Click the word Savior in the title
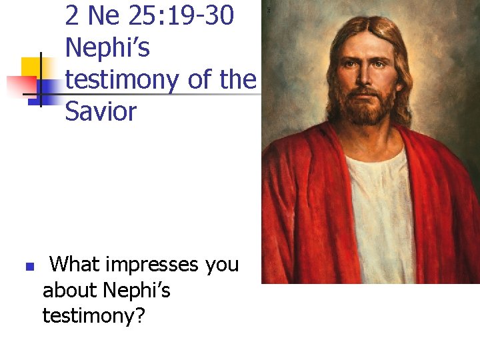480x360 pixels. (x=101, y=111)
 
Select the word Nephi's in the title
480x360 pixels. (x=107, y=48)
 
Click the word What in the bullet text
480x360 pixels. (x=75, y=265)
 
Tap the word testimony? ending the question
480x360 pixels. (x=94, y=315)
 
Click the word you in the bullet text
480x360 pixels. (x=222, y=265)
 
